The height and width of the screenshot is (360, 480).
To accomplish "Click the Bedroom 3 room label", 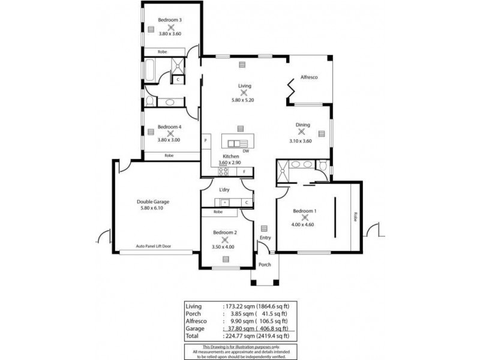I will coord(170,20).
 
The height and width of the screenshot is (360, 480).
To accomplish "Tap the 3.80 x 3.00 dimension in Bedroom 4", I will coord(169,139).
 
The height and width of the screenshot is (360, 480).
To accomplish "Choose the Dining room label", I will coord(302,125).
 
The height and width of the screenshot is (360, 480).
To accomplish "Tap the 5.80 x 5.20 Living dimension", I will coord(244,100).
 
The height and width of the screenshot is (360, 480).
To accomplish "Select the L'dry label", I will coord(224,190).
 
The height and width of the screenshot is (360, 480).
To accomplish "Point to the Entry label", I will coord(265,238).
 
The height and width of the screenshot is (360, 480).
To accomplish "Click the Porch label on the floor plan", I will coord(265,265).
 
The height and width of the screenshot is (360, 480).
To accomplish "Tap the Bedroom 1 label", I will coord(304,211).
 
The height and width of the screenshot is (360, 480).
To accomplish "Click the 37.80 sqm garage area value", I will coord(236,328).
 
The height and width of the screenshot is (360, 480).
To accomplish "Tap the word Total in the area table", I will coord(193,336).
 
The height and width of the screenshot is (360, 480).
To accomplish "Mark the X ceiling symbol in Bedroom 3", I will coord(170,26).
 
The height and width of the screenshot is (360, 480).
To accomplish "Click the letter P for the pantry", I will coord(206,140).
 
